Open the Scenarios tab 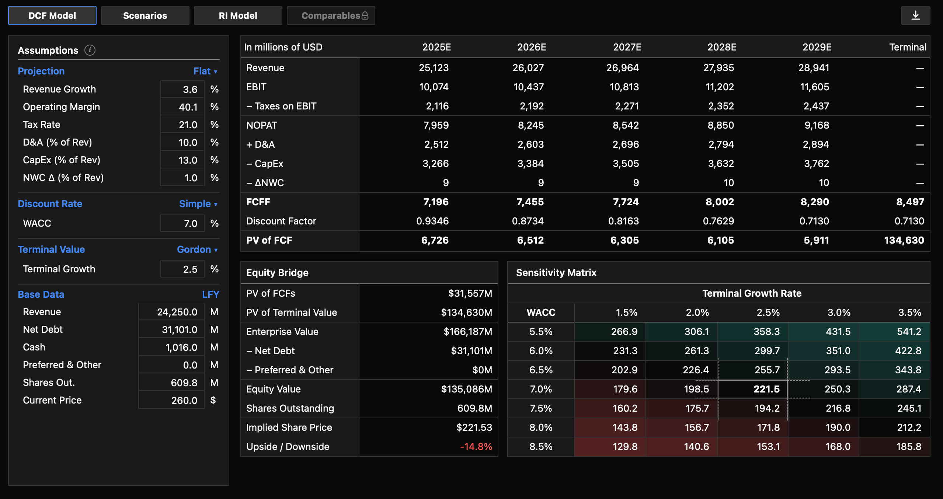(x=145, y=15)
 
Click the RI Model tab (x=238, y=15)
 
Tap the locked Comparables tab (x=331, y=15)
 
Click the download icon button (x=915, y=15)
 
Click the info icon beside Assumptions (x=90, y=50)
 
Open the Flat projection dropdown (x=205, y=71)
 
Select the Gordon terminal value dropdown (x=197, y=249)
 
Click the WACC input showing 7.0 (x=182, y=223)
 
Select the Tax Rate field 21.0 (x=182, y=125)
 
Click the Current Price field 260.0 (x=171, y=400)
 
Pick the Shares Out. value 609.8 (x=171, y=383)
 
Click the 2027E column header (x=627, y=47)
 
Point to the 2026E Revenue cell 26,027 (x=528, y=68)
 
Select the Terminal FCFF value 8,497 (x=910, y=202)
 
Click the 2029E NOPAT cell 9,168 (x=817, y=125)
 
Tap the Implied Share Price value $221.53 (x=474, y=428)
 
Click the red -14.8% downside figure (x=476, y=447)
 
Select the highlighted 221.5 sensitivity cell (x=766, y=389)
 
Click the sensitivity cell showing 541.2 (x=909, y=332)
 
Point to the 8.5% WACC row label (x=541, y=447)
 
